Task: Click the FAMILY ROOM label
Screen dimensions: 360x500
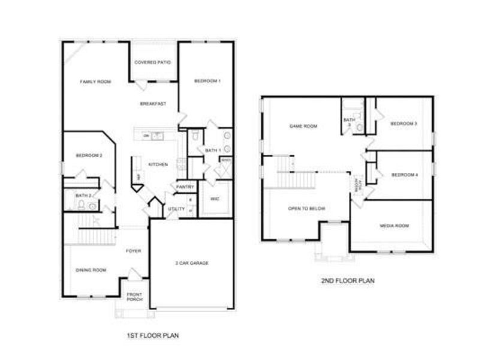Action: coord(96,82)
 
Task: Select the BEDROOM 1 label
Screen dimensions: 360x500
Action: coord(207,81)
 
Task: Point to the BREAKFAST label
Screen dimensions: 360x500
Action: coord(153,104)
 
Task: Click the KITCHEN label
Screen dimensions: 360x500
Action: coord(158,164)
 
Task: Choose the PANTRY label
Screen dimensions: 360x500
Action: coord(184,187)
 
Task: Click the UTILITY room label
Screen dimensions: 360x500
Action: coord(176,209)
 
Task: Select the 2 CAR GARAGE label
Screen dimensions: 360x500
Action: coord(192,263)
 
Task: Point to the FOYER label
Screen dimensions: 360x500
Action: coord(133,251)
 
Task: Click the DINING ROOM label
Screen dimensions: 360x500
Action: coord(91,270)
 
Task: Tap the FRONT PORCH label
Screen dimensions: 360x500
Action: coord(134,296)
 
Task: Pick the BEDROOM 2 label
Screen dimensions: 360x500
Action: coord(89,156)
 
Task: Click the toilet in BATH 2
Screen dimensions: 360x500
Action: coord(81,205)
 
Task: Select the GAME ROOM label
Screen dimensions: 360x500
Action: coord(303,127)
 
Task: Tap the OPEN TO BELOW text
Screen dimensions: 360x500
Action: coord(306,208)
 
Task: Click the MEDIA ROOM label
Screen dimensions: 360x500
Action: coord(394,226)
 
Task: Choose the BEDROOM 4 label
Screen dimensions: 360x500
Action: coord(404,175)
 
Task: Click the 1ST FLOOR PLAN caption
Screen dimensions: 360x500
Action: coord(153,335)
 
